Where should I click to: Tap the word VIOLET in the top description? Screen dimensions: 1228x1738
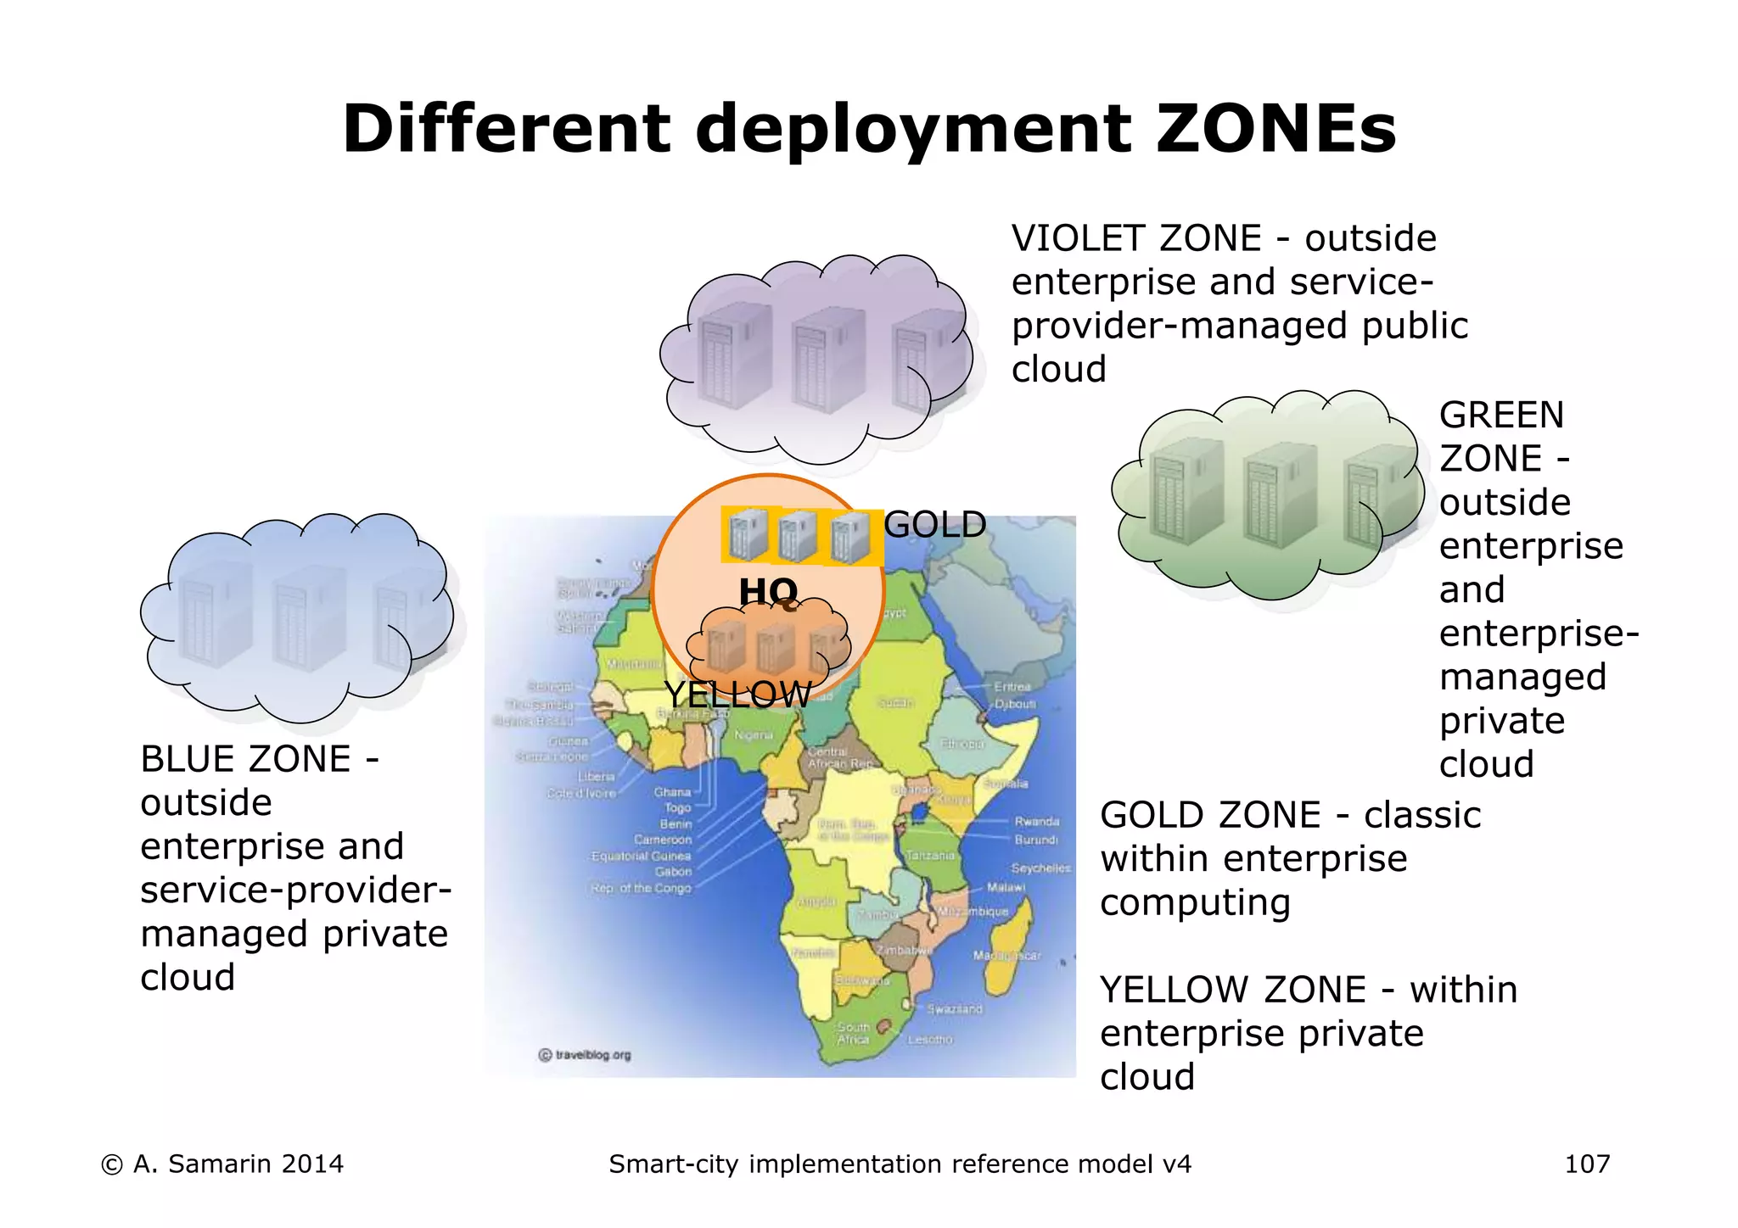(1079, 238)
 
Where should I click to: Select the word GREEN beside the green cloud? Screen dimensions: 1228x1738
(1500, 415)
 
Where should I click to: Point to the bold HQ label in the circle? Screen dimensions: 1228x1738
(768, 590)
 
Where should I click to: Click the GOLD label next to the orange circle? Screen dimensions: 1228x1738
(934, 525)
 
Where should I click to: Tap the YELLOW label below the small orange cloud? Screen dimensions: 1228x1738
(737, 695)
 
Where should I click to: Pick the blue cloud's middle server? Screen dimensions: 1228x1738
(308, 618)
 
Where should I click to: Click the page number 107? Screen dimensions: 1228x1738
(1587, 1164)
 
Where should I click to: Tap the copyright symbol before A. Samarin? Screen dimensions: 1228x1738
(111, 1164)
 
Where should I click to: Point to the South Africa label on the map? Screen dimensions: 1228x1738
(853, 1033)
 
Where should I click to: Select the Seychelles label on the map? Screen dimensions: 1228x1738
(1040, 868)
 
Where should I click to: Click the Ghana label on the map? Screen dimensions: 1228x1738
(672, 792)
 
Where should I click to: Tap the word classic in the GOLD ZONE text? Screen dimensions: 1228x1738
(1422, 815)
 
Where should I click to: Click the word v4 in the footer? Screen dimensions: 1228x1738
(1176, 1164)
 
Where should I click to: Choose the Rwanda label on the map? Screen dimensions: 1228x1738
(1036, 821)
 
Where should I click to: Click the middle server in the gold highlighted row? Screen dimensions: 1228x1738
(798, 536)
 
